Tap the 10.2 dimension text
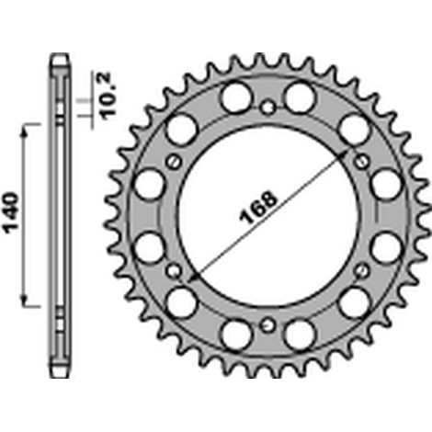[x=108, y=97]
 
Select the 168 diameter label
[x=258, y=209]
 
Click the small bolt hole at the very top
[x=267, y=108]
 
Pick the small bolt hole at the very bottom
[x=267, y=324]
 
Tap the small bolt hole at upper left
[x=174, y=162]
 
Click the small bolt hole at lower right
[x=362, y=270]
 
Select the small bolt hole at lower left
[x=174, y=270]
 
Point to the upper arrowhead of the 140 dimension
[x=24, y=131]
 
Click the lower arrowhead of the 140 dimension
[x=24, y=299]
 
